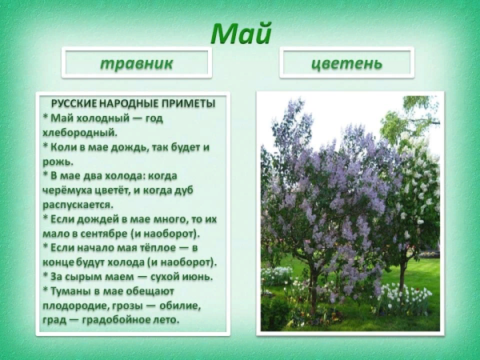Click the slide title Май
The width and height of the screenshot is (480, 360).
(241, 34)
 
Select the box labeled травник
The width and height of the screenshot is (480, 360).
(137, 63)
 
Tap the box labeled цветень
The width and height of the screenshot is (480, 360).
(346, 63)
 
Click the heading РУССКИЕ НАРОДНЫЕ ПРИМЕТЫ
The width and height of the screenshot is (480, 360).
(134, 104)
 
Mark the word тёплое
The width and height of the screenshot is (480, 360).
(159, 248)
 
